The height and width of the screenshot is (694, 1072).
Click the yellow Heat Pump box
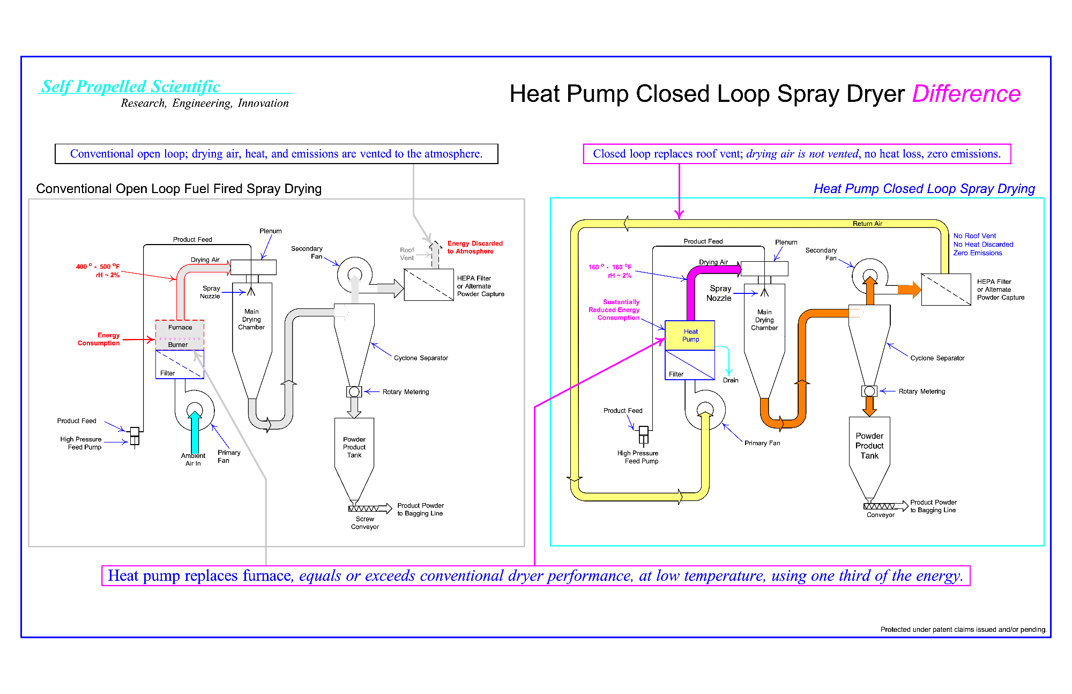click(690, 335)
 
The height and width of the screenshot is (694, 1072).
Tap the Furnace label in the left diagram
click(180, 327)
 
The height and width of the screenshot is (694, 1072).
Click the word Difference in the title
click(966, 94)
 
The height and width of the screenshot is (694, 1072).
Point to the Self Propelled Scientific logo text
click(131, 86)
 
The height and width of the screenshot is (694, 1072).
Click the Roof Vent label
click(407, 254)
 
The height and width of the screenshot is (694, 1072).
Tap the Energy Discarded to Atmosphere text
click(474, 247)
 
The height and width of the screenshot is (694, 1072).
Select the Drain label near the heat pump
click(731, 380)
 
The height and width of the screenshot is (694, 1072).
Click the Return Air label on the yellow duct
click(867, 224)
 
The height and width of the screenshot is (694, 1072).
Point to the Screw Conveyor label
click(365, 523)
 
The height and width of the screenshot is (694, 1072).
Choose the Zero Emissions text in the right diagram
click(978, 253)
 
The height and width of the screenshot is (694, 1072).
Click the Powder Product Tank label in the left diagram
click(354, 447)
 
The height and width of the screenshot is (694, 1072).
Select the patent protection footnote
click(963, 630)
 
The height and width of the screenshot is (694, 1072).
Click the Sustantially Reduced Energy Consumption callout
click(615, 310)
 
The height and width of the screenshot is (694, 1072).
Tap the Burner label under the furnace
click(178, 345)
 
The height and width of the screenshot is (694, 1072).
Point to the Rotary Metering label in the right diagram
click(922, 392)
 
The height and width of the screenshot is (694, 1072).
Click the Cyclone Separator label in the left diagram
click(421, 358)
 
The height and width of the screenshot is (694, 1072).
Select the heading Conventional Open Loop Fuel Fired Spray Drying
click(178, 189)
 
